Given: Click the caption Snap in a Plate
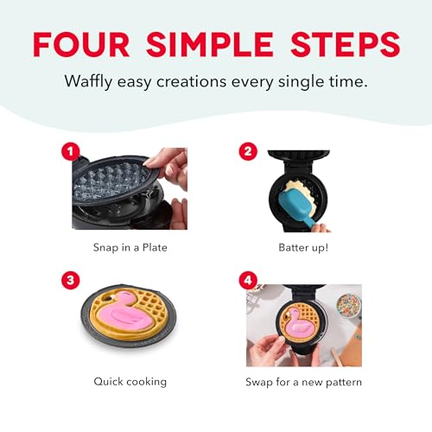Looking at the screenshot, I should coord(129,247).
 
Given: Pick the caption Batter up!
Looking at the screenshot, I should coord(303,247).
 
